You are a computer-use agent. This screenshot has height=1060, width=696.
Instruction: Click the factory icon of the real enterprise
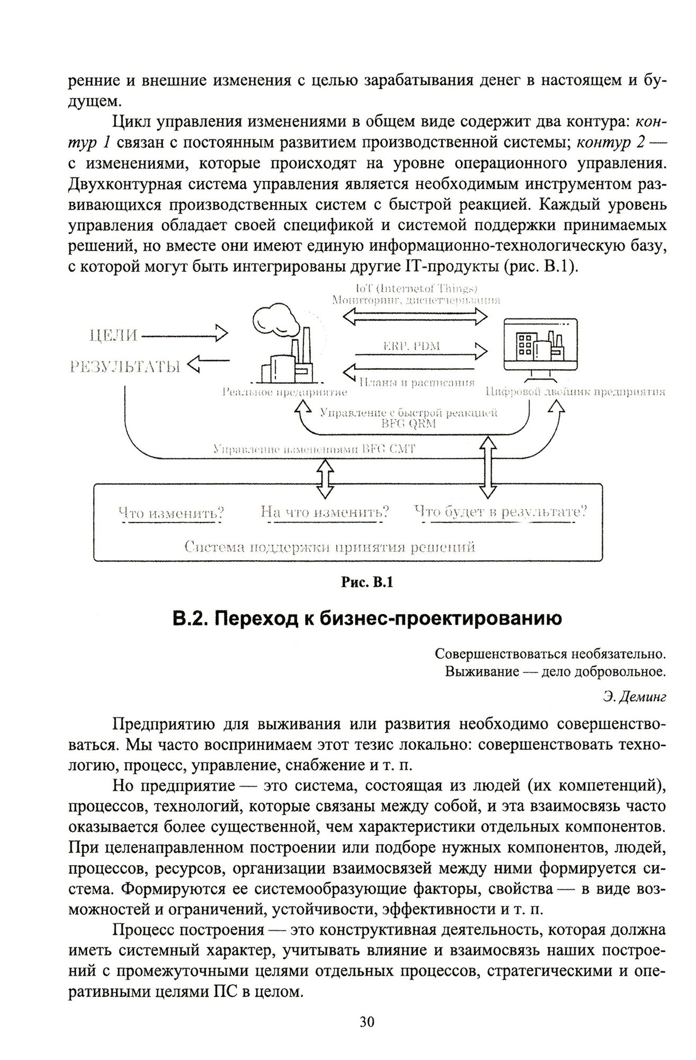coord(283,345)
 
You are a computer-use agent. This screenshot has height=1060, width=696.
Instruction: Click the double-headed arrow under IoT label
coord(415,317)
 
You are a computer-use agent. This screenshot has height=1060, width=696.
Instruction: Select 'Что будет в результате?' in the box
coord(500,511)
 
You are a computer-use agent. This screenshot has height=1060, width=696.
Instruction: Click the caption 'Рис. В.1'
coord(367,582)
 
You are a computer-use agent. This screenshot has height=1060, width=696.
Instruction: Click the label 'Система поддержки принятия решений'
coord(329,547)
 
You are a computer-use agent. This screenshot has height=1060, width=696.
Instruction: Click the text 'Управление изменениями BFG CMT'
coord(314,449)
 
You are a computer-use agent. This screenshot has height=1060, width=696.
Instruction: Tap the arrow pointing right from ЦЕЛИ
coord(185,335)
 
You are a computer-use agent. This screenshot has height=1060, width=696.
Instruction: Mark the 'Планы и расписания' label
coord(416,382)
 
